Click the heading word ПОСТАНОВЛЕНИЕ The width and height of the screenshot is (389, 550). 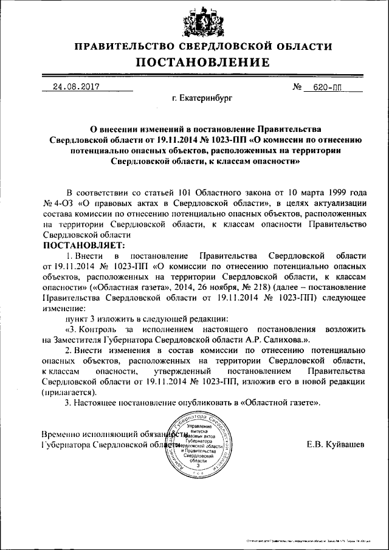point(202,62)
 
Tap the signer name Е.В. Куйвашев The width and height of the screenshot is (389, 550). point(336,445)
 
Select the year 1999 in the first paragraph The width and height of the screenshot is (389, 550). point(331,192)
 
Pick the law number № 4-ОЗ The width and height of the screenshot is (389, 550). point(58,203)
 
